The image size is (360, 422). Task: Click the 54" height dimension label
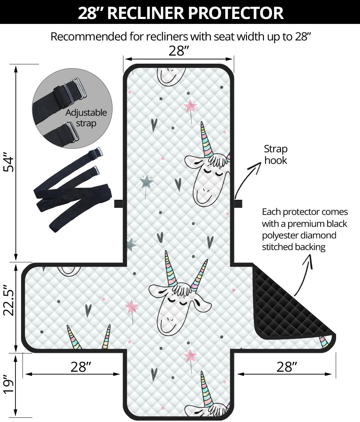9,162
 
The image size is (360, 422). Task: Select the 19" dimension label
9,384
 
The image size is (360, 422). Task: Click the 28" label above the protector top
179,51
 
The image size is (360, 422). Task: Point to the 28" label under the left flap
81,367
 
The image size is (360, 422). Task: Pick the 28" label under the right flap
287,367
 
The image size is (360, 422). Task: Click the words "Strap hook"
276,154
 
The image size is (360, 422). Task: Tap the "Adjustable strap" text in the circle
86,118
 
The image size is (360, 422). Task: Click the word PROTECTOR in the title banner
236,13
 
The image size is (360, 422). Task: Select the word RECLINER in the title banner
145,13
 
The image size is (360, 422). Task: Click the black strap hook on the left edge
118,204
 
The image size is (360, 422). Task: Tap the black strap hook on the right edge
238,204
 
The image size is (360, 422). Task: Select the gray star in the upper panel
146,181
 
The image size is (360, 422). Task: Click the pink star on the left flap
132,306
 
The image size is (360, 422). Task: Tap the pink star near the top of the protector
190,106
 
